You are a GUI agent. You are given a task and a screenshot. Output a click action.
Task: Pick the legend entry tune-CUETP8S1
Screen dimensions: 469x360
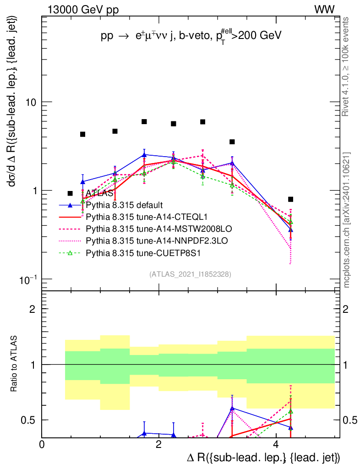(x=132, y=252)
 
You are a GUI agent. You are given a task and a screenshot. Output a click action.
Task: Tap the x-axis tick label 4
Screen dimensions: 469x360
(x=276, y=444)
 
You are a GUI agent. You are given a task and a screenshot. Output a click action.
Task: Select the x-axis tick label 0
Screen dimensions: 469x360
(x=42, y=444)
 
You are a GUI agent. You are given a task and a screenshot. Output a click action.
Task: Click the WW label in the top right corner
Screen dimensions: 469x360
(x=324, y=9)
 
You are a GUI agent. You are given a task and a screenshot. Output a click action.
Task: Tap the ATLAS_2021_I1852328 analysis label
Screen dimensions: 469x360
(x=190, y=274)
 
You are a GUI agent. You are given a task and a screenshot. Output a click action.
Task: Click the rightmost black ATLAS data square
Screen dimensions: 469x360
(x=290, y=199)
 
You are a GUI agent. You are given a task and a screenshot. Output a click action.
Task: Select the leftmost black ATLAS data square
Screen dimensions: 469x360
(x=82, y=134)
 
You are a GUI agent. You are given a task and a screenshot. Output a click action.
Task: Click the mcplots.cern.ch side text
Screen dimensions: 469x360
(x=347, y=220)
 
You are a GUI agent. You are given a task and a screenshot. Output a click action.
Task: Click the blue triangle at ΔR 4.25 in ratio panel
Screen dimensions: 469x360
(x=290, y=428)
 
